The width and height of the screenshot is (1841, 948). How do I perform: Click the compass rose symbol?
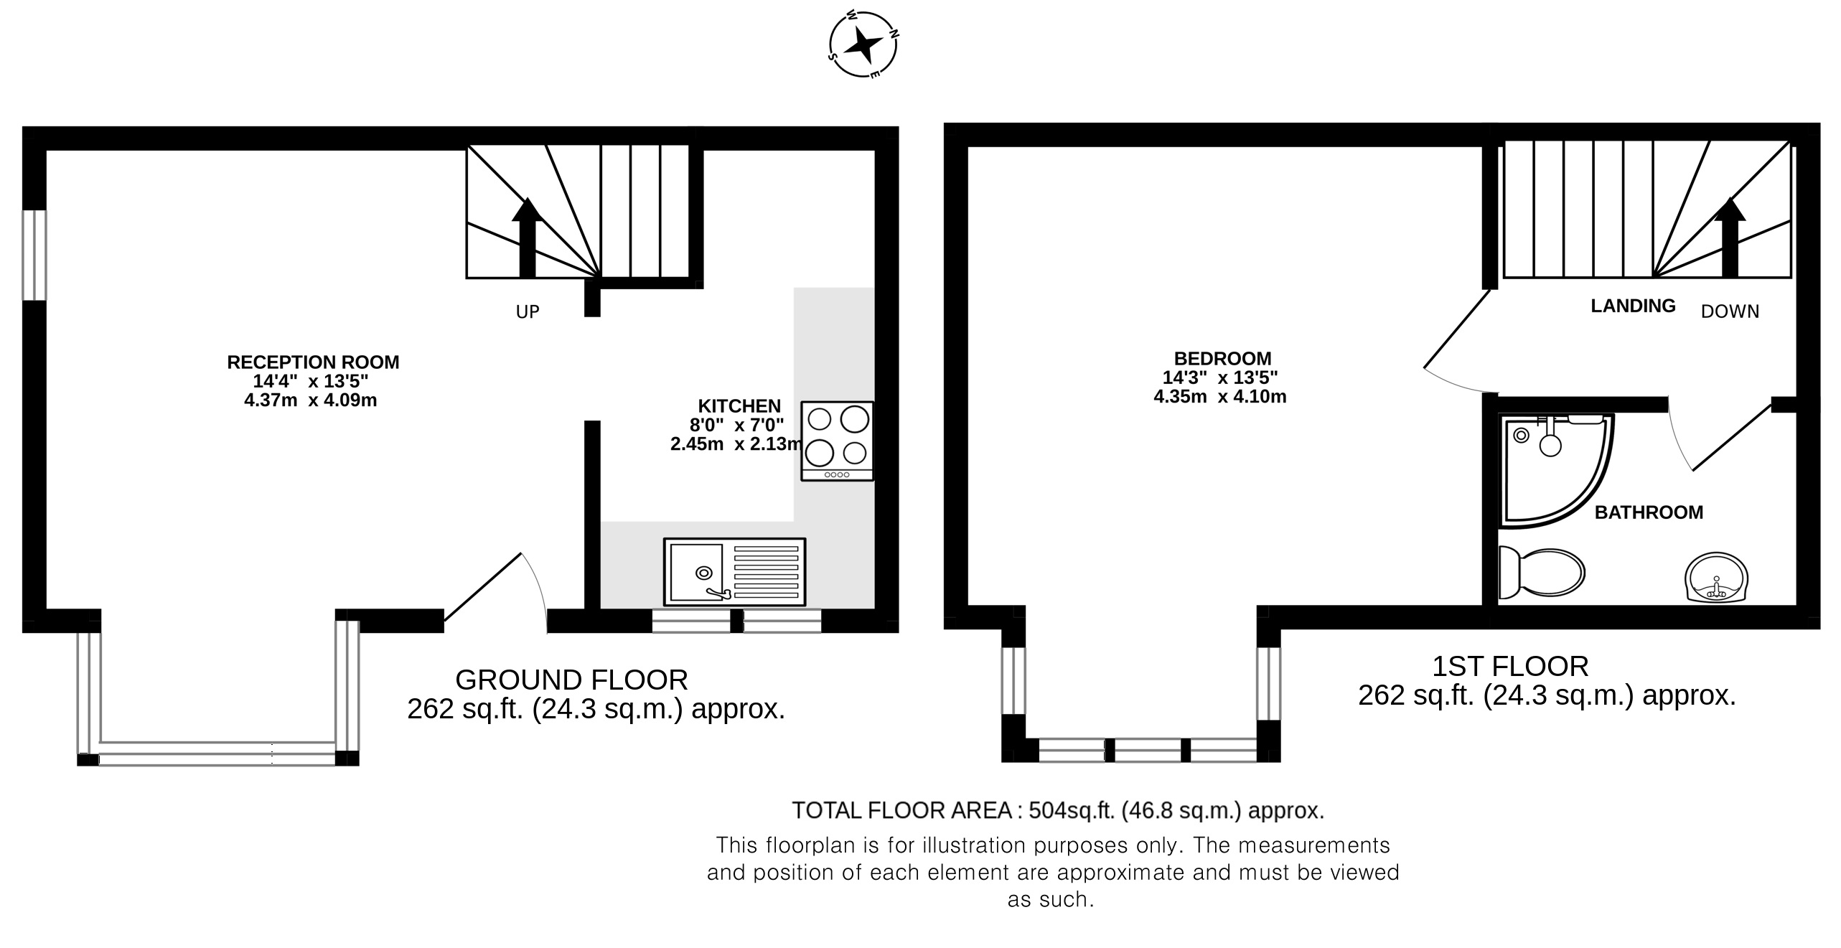coord(863,44)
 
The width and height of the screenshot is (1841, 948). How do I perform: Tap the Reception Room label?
coord(313,362)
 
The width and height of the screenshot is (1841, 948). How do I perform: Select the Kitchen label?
coord(739,405)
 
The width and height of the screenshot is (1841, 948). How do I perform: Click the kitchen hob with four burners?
coord(837,441)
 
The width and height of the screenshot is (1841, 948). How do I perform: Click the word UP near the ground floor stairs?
coord(528,311)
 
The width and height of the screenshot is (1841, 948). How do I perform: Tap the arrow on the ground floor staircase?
coord(528,238)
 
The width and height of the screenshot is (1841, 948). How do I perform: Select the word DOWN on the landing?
coord(1730,311)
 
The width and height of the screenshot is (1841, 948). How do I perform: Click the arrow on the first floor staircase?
coord(1730,238)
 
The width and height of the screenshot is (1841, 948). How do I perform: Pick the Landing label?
coord(1633,306)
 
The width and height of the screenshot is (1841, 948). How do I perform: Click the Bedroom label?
coord(1222,358)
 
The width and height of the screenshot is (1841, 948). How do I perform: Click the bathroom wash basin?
coord(1715,578)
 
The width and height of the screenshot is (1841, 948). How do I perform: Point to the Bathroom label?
coord(1649,512)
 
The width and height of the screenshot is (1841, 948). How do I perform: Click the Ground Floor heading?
coord(571,679)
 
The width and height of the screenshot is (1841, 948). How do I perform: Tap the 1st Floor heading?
coord(1510,666)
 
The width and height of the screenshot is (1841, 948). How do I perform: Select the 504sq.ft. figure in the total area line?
coord(1072,810)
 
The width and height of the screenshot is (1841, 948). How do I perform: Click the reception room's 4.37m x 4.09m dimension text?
coord(311,400)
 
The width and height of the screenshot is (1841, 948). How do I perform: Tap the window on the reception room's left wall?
coord(34,255)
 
